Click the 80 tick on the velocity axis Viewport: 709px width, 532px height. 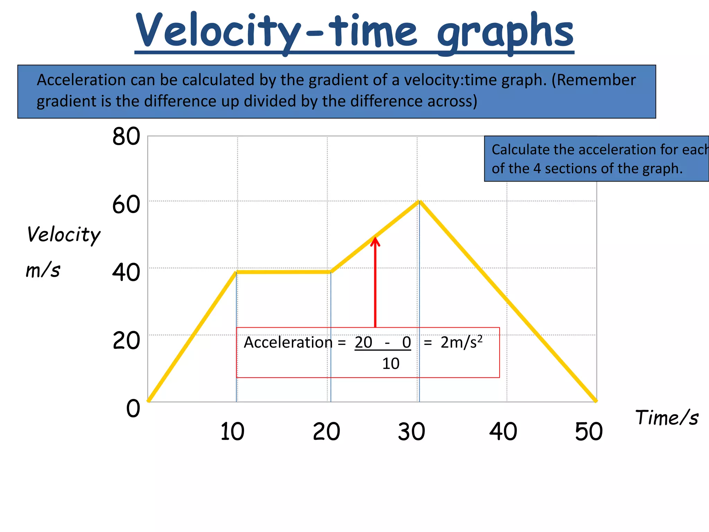126,136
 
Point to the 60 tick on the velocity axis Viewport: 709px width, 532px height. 126,205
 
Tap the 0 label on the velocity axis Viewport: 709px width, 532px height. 133,408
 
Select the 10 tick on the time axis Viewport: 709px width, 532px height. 232,432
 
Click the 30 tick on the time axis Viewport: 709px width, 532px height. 411,432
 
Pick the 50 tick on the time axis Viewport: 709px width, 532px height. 589,432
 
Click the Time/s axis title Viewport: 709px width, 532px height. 666,417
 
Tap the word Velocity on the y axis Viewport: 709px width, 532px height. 64,235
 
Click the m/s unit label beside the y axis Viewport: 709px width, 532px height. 43,270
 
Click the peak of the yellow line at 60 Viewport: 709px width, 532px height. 419,202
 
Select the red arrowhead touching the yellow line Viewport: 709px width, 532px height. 375,241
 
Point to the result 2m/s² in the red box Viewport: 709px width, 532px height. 461,343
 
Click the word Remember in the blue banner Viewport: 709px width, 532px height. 596,80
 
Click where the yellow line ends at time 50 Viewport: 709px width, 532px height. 595,401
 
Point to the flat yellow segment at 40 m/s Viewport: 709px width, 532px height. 284,272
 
